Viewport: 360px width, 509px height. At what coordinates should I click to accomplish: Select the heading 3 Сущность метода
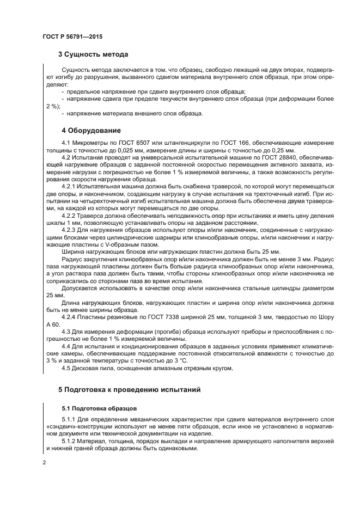click(x=93, y=54)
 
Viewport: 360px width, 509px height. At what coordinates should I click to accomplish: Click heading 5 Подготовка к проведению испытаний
click(x=130, y=389)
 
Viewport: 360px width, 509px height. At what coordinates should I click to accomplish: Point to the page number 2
click(x=45, y=462)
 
